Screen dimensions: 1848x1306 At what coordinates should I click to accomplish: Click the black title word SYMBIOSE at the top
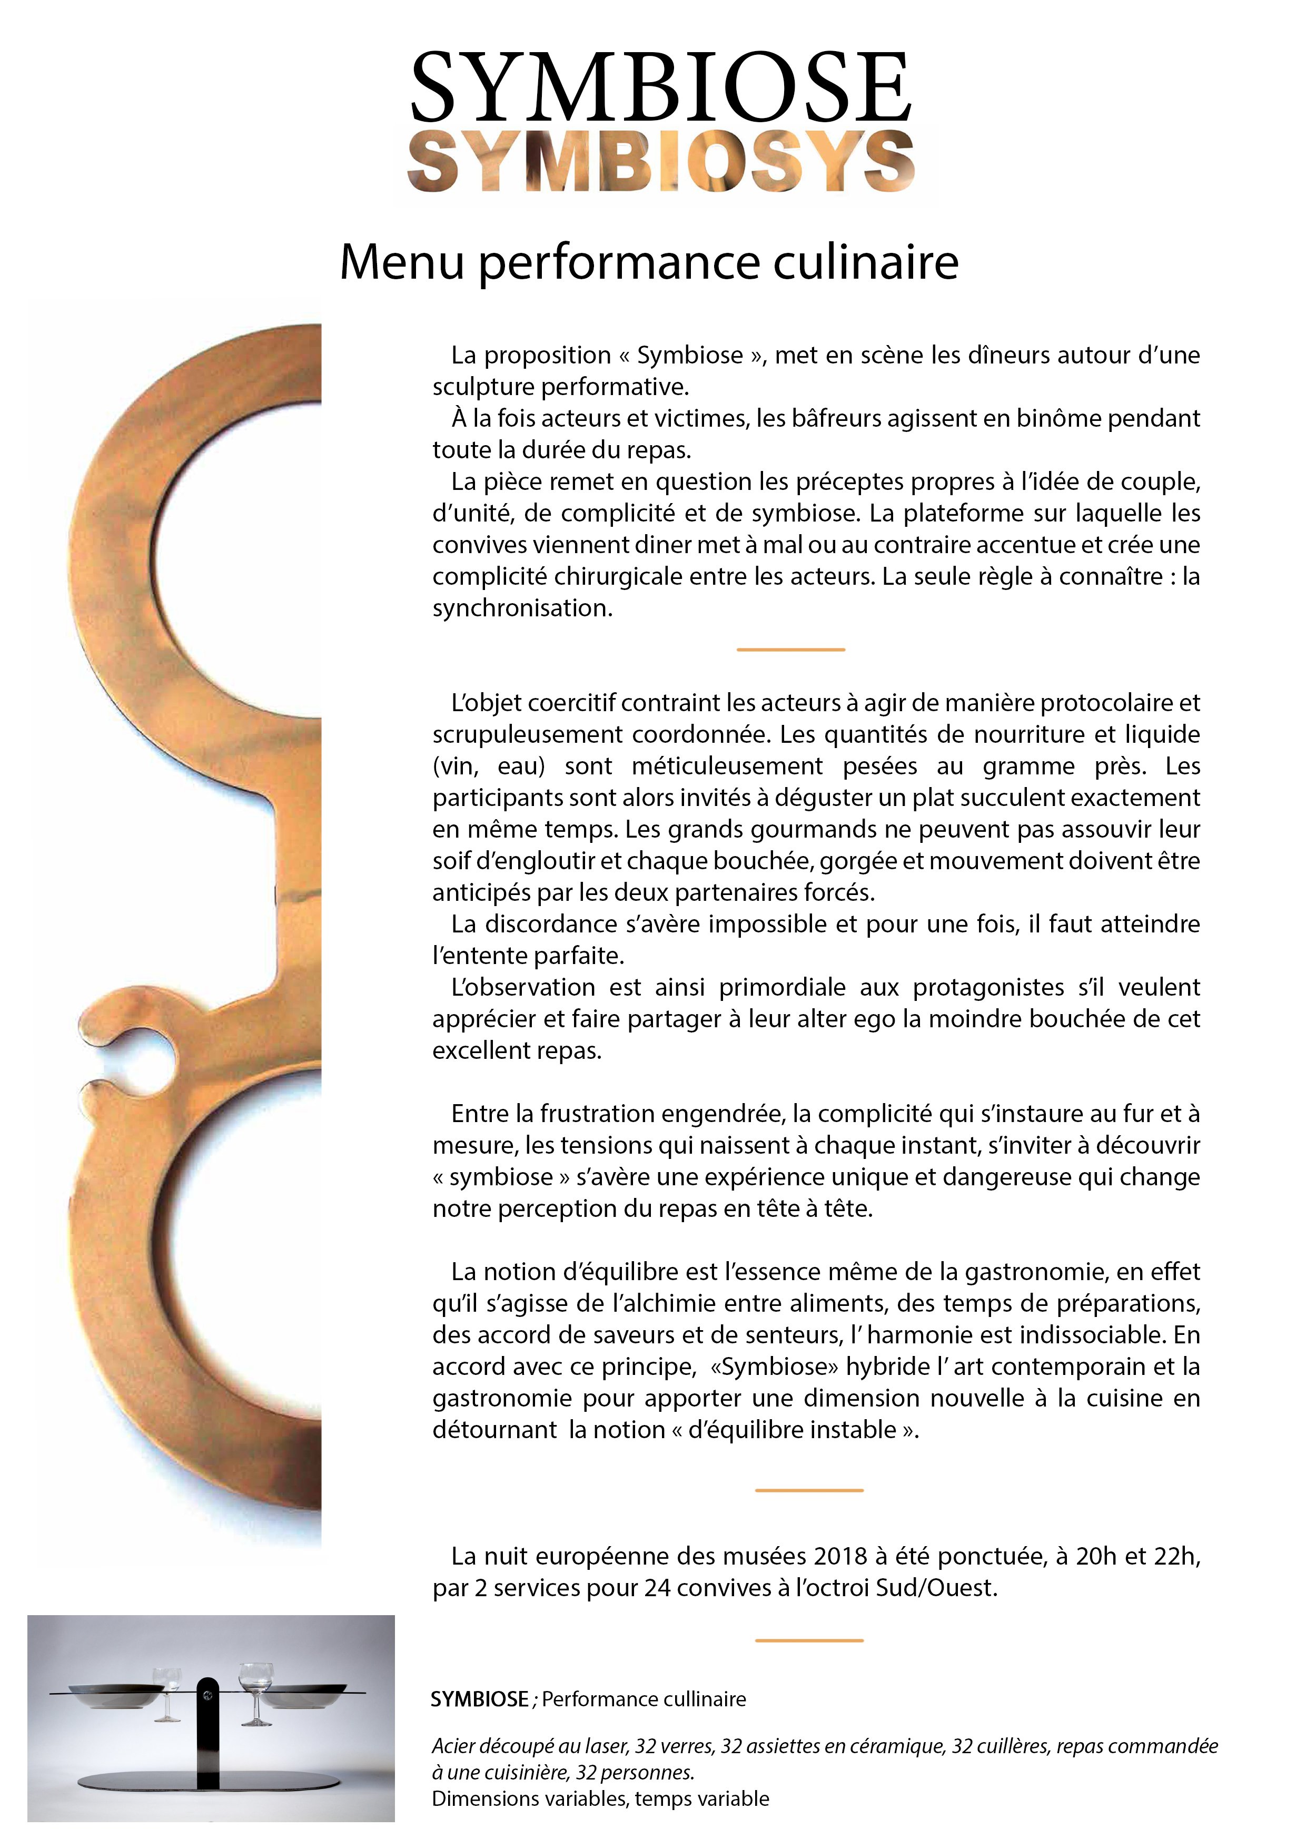point(660,87)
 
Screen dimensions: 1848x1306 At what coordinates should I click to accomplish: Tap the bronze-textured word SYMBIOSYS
point(660,162)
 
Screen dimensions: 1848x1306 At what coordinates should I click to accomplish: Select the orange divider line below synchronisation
point(790,648)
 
